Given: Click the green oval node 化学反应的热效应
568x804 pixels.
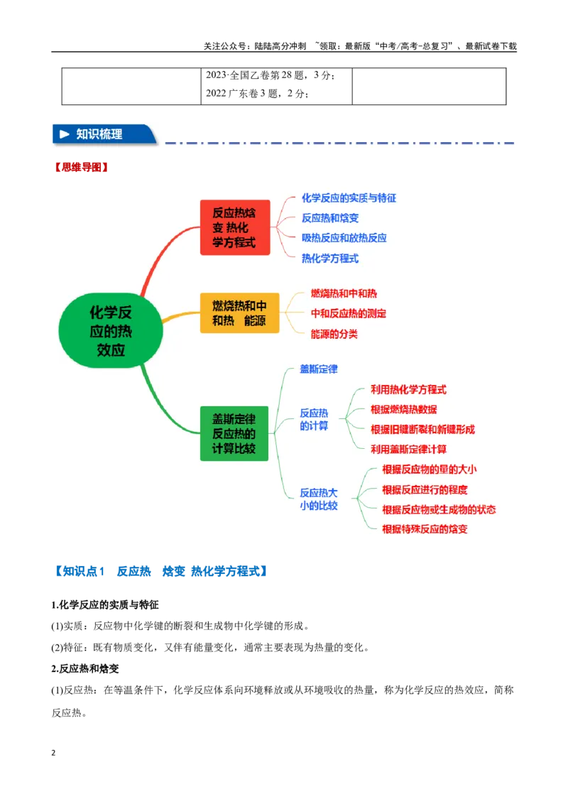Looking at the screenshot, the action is point(111,331).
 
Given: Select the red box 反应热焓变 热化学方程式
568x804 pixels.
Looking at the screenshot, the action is point(235,227).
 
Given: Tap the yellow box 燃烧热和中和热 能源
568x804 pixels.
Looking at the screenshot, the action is point(239,313).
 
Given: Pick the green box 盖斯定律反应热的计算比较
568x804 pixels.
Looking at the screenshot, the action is point(234,433).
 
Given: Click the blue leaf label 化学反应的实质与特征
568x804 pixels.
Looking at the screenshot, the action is point(349,198).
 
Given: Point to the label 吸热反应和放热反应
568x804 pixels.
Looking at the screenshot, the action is point(344,238).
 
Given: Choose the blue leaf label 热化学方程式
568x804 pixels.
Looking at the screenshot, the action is point(329,259).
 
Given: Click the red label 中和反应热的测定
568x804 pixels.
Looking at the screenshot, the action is point(348,313).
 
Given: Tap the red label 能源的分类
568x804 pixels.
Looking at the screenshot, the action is point(334,334).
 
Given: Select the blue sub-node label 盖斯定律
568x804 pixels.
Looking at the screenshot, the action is point(318,369).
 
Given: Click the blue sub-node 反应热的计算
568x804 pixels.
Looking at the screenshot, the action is point(314,420).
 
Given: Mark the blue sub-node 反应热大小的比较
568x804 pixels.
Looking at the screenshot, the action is point(318,499).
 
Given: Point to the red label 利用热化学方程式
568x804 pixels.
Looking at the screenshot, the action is point(408,390).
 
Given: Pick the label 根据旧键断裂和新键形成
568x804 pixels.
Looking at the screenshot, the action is point(422,429).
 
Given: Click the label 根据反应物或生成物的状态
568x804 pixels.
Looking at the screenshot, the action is point(439,509).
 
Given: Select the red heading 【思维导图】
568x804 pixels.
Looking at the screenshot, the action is point(82,167).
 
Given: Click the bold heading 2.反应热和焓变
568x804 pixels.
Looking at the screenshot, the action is point(85,668).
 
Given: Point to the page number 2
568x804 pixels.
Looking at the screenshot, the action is point(53,753).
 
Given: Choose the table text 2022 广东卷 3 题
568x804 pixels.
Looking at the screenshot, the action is point(242,93).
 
